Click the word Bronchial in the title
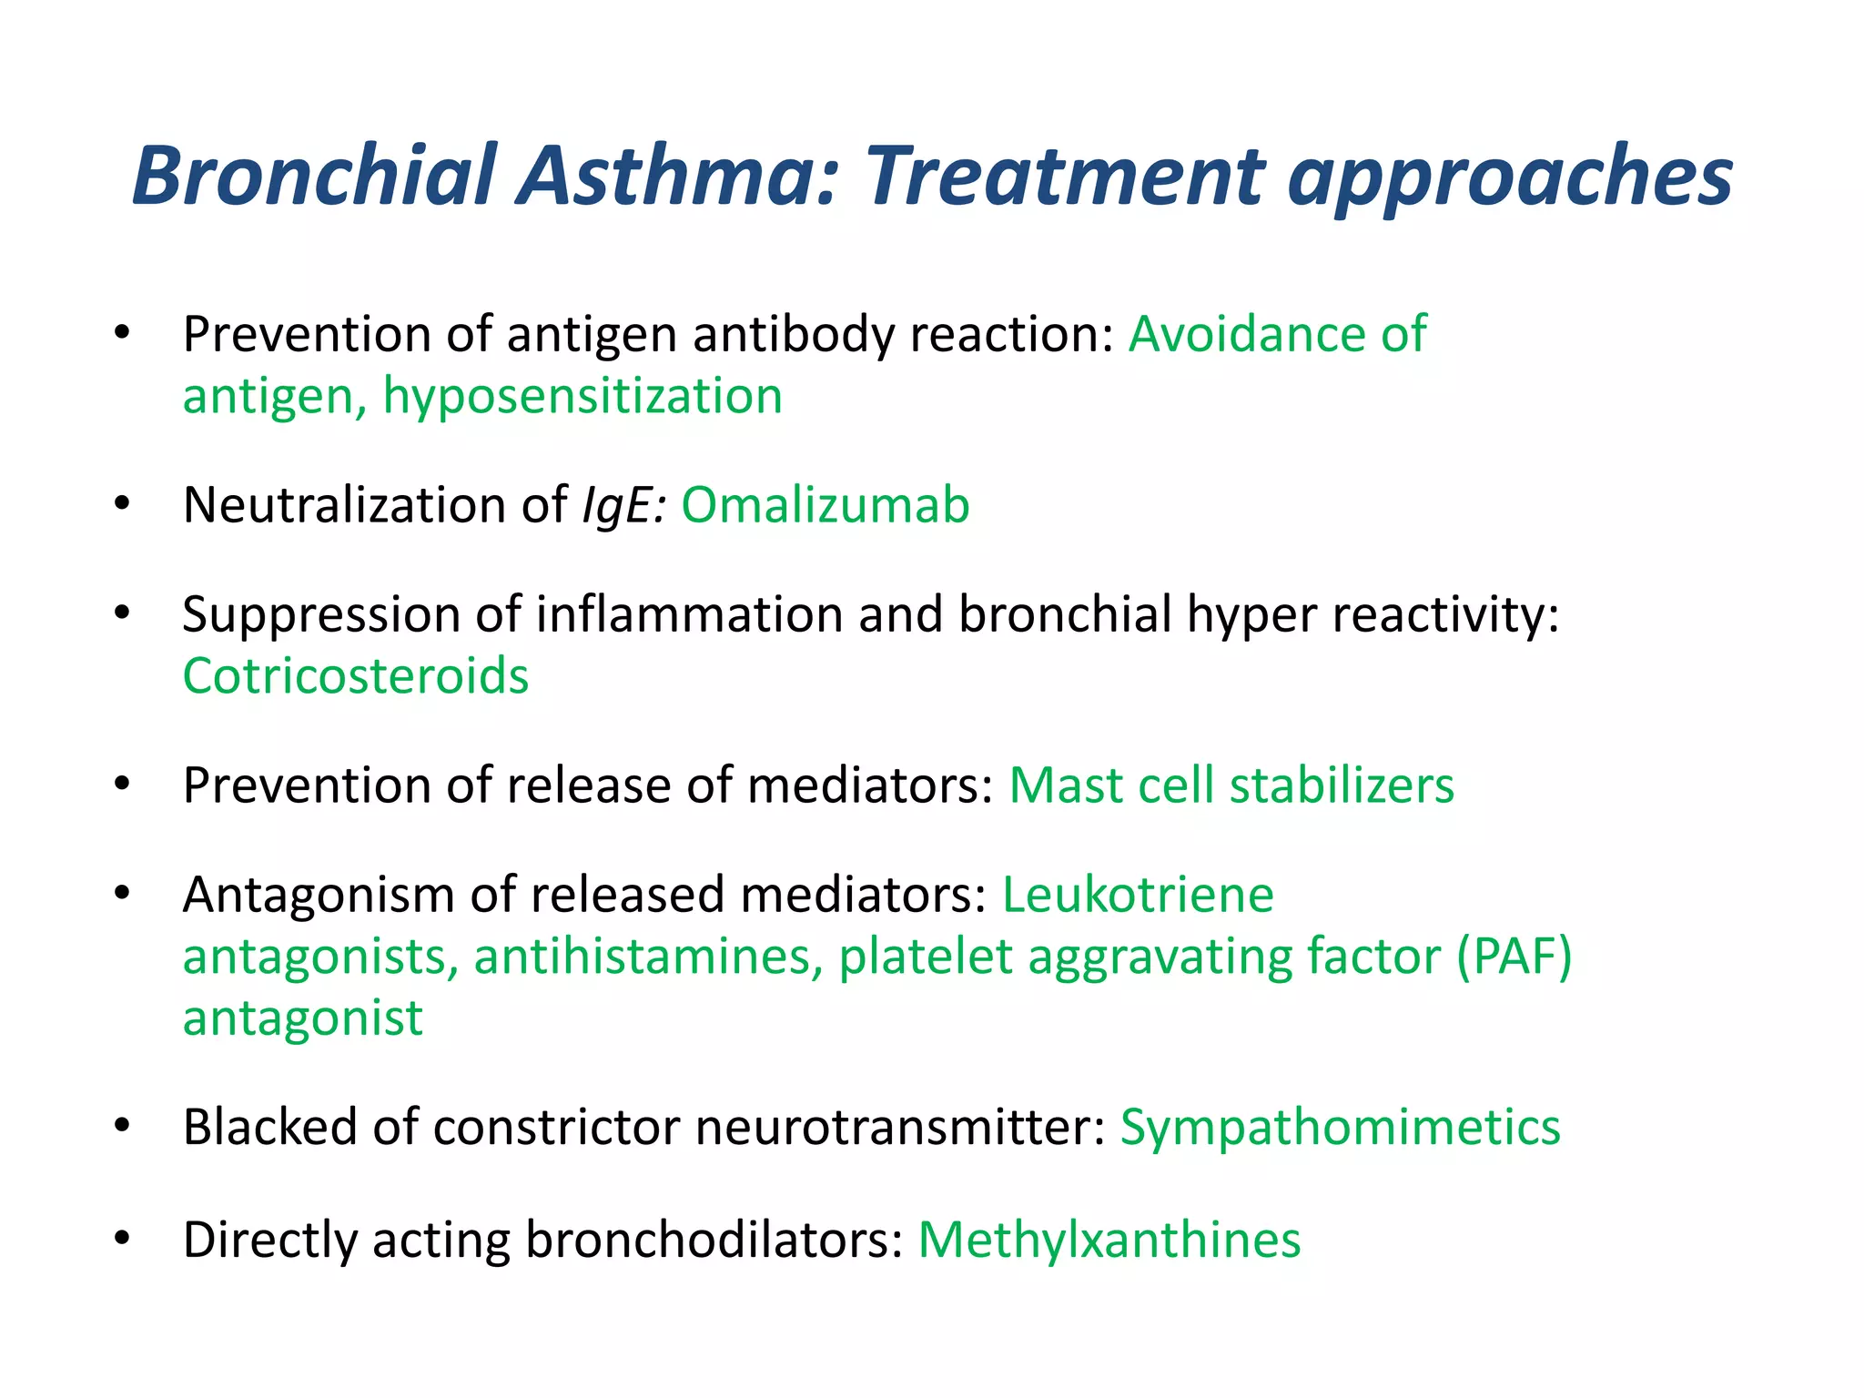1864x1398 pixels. point(315,175)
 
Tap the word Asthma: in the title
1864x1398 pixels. point(677,175)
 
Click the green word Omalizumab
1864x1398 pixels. point(826,505)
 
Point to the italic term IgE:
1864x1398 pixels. point(624,507)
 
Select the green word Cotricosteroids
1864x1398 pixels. point(356,676)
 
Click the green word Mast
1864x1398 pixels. point(1066,785)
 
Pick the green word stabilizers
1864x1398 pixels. point(1342,785)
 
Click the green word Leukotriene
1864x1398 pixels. point(1138,895)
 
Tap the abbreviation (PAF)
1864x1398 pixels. point(1514,957)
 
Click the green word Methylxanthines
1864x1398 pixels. point(1109,1241)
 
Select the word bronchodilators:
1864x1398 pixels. point(714,1241)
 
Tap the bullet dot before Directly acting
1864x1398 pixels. point(123,1239)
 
